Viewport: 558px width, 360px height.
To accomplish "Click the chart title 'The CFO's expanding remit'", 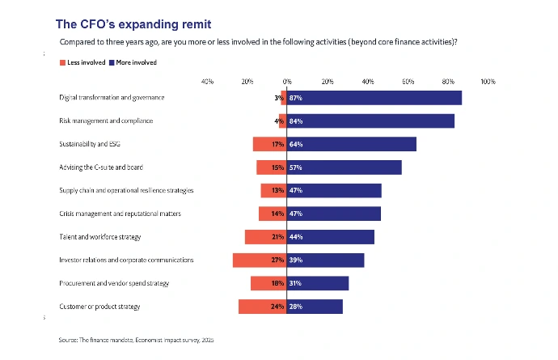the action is pos(133,24).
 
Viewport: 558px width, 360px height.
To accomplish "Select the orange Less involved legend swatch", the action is pos(62,62).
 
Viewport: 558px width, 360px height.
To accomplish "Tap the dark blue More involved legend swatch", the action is pos(112,62).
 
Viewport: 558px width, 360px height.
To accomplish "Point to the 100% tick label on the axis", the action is pos(488,82).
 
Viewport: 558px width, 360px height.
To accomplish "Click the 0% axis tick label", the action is pos(287,82).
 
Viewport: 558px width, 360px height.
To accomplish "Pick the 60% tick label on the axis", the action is pos(408,82).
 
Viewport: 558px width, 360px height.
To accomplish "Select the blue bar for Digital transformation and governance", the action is pos(374,98).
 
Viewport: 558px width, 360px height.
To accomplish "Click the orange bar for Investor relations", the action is pos(260,260).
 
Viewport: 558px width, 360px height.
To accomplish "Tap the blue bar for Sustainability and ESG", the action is pos(351,144).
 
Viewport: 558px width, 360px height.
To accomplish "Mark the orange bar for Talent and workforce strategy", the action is pos(266,237).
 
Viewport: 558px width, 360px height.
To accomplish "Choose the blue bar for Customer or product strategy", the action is pos(315,307).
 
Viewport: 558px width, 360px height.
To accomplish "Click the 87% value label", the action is pos(296,98).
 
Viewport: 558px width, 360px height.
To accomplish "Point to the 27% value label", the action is pos(277,260).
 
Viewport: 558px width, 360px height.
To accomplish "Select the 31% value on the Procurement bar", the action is pos(295,283).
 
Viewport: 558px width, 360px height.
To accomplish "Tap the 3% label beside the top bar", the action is pos(279,98).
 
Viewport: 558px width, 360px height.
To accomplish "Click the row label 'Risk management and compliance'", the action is pos(106,121).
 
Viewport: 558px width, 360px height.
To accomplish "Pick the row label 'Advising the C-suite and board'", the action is pos(101,167).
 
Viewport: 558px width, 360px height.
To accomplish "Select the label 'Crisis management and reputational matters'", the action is pos(120,214).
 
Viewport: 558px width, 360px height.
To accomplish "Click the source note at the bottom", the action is pos(137,340).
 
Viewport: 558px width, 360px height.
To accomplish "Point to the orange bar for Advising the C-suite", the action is pos(272,167).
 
